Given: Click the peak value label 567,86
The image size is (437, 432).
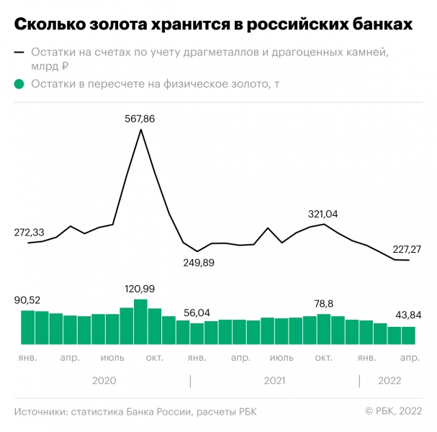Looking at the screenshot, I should point(140,119).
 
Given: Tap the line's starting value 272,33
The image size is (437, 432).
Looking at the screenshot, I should point(30,233).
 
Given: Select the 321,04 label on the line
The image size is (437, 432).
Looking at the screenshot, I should point(323,214).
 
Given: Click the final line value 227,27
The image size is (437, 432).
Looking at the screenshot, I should point(407,249).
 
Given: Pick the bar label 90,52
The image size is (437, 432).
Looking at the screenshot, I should point(29,300).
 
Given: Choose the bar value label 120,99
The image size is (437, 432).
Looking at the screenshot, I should point(140,289).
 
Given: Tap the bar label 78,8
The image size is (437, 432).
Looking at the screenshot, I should point(324,304).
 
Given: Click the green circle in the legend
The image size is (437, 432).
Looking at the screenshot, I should point(19,84).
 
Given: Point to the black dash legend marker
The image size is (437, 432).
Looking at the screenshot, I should point(19,53).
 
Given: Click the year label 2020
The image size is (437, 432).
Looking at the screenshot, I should point(104,381).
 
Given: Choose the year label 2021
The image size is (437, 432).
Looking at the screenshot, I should point(274,381).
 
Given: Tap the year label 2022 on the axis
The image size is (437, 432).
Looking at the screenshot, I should point(389,381).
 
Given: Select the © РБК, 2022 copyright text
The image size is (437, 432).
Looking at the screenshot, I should point(393,411).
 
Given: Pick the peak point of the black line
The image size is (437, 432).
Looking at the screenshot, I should point(140,130).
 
